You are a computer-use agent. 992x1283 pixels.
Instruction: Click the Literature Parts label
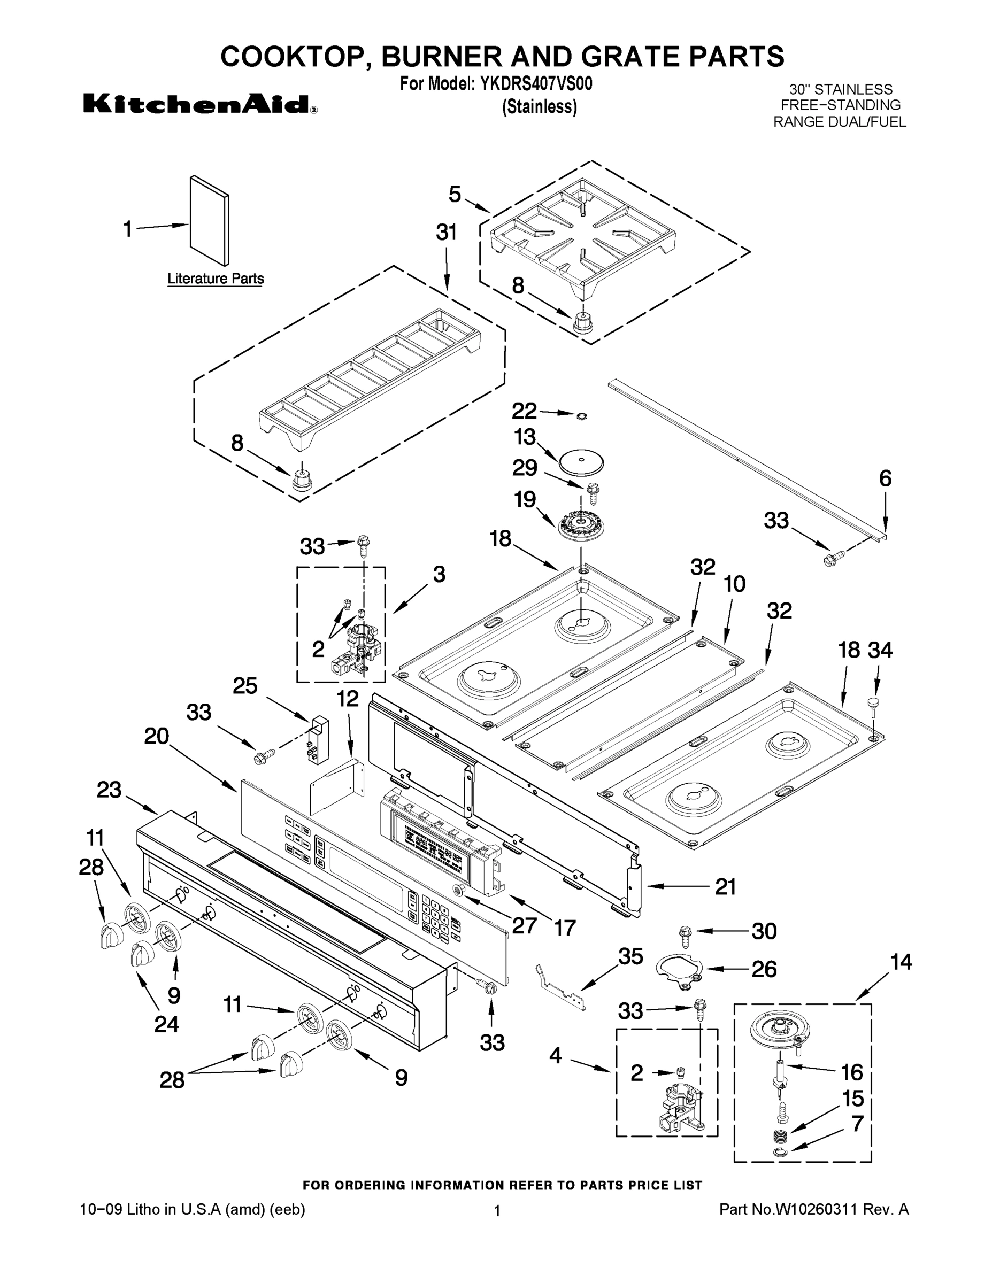(x=215, y=279)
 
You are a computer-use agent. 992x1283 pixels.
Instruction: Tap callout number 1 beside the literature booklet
(x=127, y=229)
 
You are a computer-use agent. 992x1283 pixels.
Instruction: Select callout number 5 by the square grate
(x=455, y=195)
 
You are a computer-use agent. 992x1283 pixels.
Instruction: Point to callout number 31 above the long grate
(x=446, y=233)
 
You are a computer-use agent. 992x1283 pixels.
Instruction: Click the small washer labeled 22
(x=581, y=416)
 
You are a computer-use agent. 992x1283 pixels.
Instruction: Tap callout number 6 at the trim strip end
(x=885, y=478)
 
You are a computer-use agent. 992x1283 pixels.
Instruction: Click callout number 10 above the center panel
(x=734, y=584)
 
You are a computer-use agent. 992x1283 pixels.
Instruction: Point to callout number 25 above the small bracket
(x=245, y=685)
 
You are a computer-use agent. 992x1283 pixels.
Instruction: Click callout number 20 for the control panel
(x=156, y=736)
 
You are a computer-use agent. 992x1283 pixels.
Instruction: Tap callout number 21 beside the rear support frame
(x=725, y=886)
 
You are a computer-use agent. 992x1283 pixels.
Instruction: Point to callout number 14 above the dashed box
(x=901, y=962)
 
